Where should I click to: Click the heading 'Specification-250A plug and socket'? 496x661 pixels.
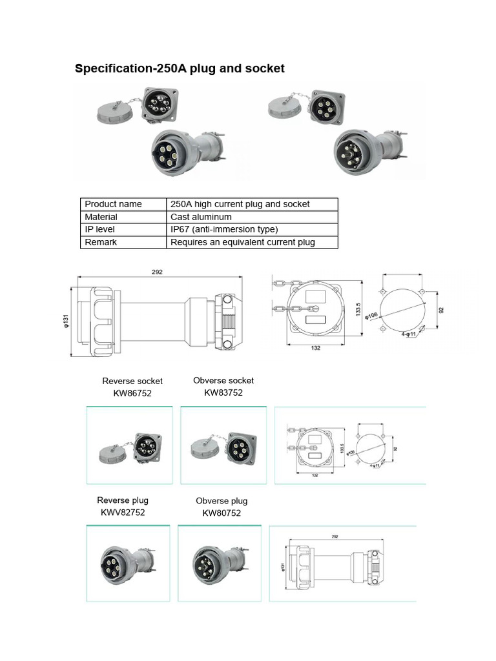pos(180,68)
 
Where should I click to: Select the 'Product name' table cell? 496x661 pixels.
pos(113,204)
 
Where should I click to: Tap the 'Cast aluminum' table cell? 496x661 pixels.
pos(201,217)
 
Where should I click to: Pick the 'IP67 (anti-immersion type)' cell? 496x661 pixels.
pos(224,230)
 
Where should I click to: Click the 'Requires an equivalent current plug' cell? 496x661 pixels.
pos(242,243)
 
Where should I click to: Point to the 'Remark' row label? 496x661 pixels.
pos(101,243)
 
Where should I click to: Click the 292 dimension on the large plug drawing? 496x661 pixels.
pos(157,272)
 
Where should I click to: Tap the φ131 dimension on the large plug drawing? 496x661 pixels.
pos(67,321)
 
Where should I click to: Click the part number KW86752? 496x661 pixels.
pos(132,393)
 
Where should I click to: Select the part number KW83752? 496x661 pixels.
pos(223,392)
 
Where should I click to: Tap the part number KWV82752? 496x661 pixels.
pos(123,513)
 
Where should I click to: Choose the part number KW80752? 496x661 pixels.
pos(222,513)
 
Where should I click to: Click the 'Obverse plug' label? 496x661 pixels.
pos(222,501)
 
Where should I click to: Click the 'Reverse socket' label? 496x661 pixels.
pos(132,381)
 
